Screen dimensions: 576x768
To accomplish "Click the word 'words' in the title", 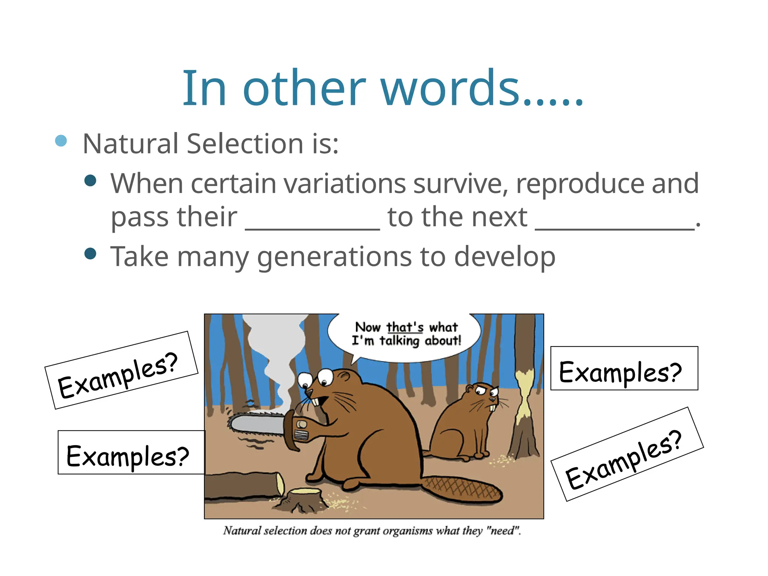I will point(450,89).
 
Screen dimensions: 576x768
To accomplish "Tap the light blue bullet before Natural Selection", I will point(61,141).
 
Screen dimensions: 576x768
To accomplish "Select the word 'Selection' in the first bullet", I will point(245,144).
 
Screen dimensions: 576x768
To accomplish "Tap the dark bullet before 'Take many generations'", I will point(90,254).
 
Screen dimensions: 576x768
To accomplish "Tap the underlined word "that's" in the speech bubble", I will point(405,327).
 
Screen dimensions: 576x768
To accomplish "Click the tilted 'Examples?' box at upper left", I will point(121,370).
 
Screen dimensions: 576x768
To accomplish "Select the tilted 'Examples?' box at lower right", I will point(627,454).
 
